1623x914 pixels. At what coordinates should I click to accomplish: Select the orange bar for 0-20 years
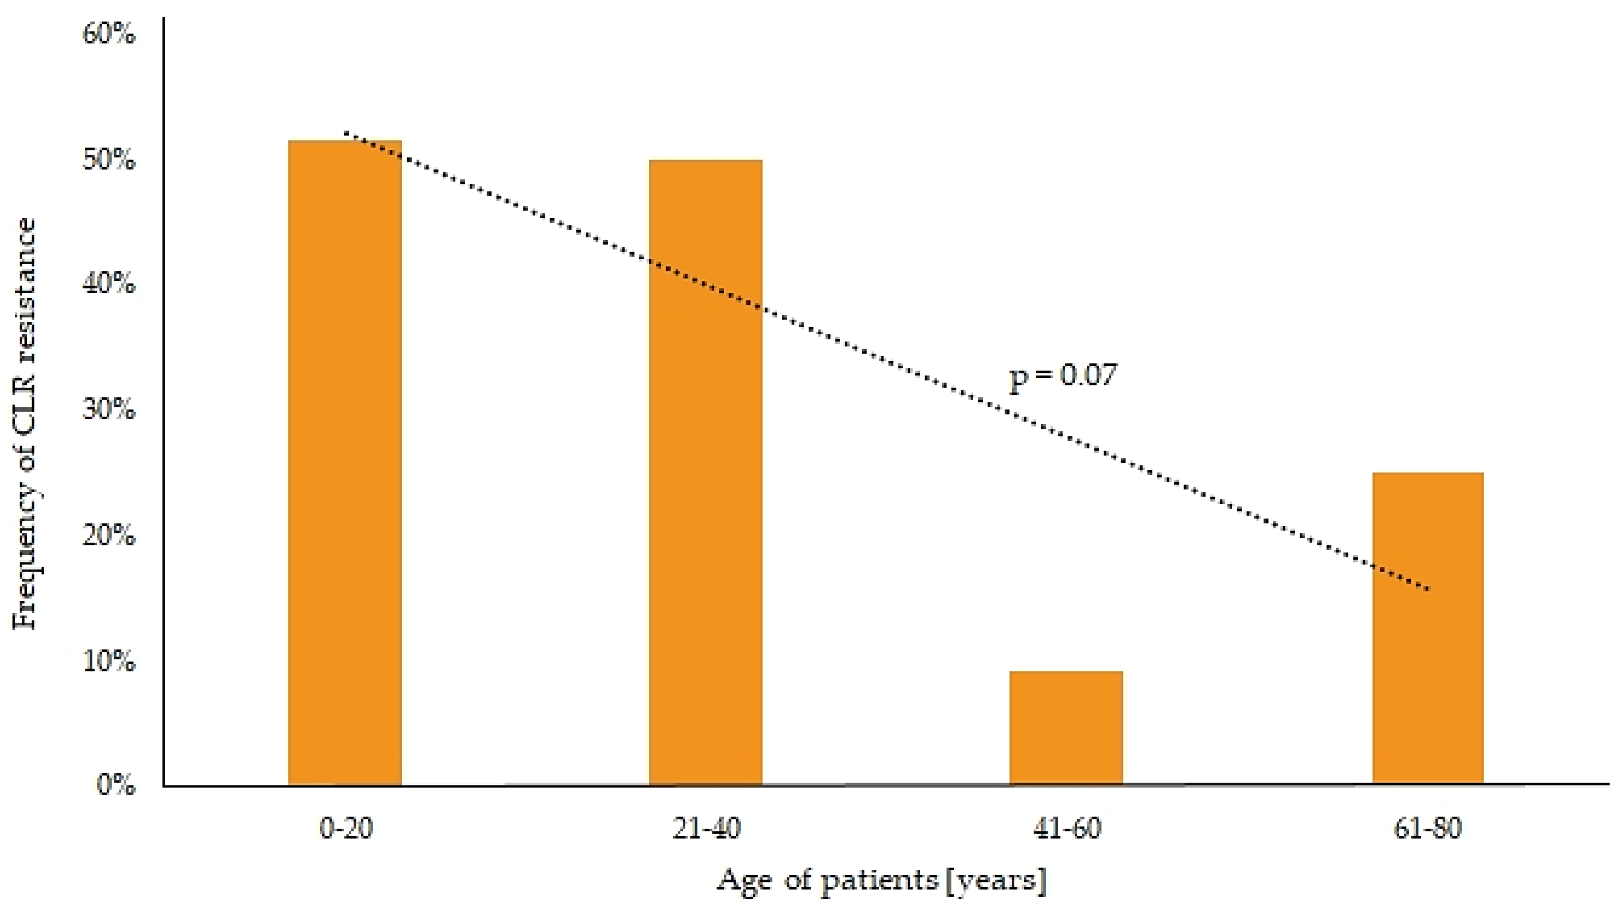pos(345,463)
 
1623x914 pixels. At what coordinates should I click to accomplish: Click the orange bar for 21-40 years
pos(705,473)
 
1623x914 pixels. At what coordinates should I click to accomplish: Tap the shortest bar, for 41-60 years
pos(1066,728)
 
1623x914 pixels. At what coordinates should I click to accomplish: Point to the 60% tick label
pos(108,33)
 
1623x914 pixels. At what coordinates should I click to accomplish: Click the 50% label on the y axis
pos(108,160)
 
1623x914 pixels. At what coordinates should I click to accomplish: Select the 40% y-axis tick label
pos(108,283)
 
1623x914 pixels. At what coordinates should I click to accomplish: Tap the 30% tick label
pos(108,409)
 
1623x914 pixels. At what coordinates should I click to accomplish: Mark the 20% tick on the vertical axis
pos(108,535)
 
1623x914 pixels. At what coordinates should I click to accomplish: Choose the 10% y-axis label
pos(108,660)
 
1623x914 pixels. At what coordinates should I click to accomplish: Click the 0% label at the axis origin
pos(116,785)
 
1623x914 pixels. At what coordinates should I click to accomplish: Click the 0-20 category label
pos(346,828)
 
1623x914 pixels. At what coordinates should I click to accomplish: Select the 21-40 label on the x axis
pos(706,828)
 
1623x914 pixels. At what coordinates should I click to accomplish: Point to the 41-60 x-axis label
pos(1067,828)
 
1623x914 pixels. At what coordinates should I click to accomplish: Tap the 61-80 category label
pos(1427,828)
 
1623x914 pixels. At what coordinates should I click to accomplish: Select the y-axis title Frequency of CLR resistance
pos(25,424)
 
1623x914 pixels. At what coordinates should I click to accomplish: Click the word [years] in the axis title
pos(996,880)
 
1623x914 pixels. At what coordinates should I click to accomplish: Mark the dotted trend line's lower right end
pos(1428,589)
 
